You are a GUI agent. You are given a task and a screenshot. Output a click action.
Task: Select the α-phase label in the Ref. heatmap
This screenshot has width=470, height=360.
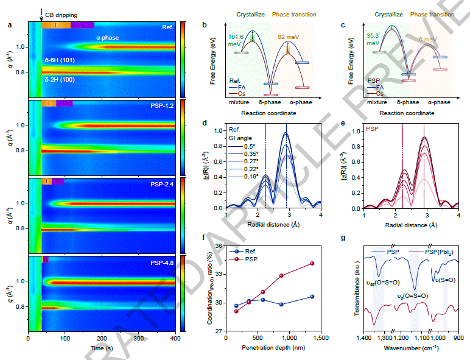[x=108, y=38]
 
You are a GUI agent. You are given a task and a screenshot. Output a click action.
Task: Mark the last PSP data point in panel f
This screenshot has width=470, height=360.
[x=312, y=263]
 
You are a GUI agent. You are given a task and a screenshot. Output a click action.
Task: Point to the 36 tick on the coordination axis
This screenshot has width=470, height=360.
[x=218, y=245]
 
